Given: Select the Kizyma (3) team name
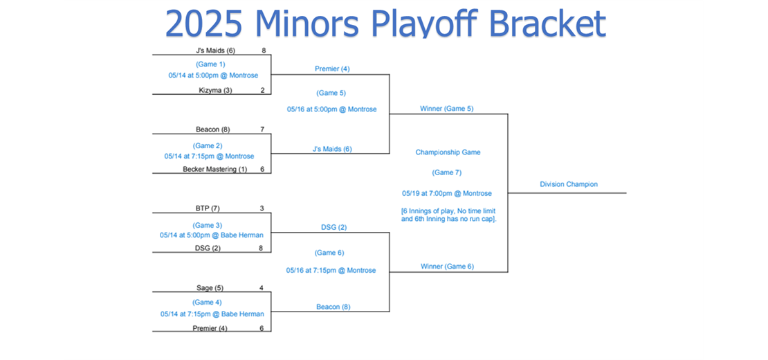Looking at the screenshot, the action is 215,89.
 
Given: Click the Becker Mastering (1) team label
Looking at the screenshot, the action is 215,170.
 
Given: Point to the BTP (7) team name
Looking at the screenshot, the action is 208,208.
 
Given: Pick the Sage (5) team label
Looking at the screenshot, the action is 210,288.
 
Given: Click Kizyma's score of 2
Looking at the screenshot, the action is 262,89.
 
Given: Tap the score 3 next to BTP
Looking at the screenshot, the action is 262,208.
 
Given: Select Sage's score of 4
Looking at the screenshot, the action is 262,288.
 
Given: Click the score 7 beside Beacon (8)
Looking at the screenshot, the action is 262,129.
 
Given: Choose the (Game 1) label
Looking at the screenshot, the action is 210,64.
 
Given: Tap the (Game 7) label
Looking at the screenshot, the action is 447,172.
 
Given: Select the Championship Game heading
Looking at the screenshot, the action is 448,152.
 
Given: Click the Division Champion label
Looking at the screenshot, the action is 569,184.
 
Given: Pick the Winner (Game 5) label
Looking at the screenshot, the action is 447,109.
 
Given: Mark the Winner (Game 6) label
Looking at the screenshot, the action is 447,267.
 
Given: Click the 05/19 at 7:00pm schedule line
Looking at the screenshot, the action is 447,193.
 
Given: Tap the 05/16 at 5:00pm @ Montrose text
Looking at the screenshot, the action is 332,109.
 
